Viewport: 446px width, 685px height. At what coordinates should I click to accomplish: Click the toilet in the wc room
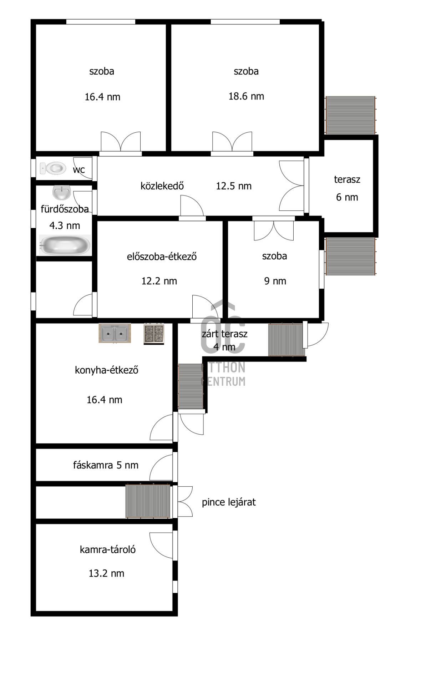coord(53,168)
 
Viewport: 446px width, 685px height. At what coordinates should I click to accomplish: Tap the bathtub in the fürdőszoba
coord(65,245)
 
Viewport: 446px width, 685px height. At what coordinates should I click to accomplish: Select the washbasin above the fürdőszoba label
coord(62,193)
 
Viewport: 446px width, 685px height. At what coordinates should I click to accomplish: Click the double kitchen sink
coord(115,333)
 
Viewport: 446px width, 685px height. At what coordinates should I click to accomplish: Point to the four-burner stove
coord(154,334)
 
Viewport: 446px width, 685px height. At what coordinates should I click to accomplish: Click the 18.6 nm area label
coord(246,96)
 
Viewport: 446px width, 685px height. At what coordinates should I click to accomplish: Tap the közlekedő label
coord(162,186)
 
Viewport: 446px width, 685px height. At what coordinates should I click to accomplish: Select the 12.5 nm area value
coord(234,186)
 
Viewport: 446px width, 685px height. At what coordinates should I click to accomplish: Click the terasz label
coord(347,179)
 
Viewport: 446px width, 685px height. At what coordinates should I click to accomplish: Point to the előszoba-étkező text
coord(162,257)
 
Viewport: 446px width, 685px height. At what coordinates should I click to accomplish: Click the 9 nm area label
coord(275,281)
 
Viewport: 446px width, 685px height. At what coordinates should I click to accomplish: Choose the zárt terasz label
coord(224,334)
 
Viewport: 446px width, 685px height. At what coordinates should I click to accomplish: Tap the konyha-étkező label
coord(106,370)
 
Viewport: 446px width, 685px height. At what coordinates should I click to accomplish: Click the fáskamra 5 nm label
coord(106,465)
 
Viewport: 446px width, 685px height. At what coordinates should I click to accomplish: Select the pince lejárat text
coord(229,502)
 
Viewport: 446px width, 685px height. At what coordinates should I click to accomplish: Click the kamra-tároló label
coord(107,549)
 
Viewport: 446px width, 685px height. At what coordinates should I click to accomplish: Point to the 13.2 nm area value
coord(106,573)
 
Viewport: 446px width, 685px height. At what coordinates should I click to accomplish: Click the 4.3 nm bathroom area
coord(65,225)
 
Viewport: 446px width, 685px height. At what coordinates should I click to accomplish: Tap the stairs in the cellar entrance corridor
coord(148,501)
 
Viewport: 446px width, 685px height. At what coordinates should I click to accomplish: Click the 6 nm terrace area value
coord(347,197)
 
